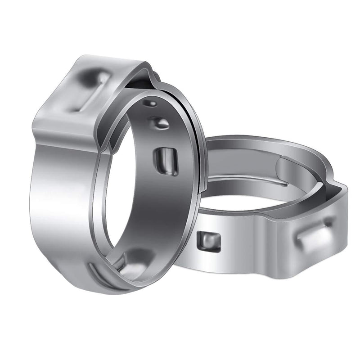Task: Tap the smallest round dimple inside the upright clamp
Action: [x=149, y=103]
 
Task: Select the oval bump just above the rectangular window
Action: [x=160, y=122]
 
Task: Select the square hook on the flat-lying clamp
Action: [x=210, y=241]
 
